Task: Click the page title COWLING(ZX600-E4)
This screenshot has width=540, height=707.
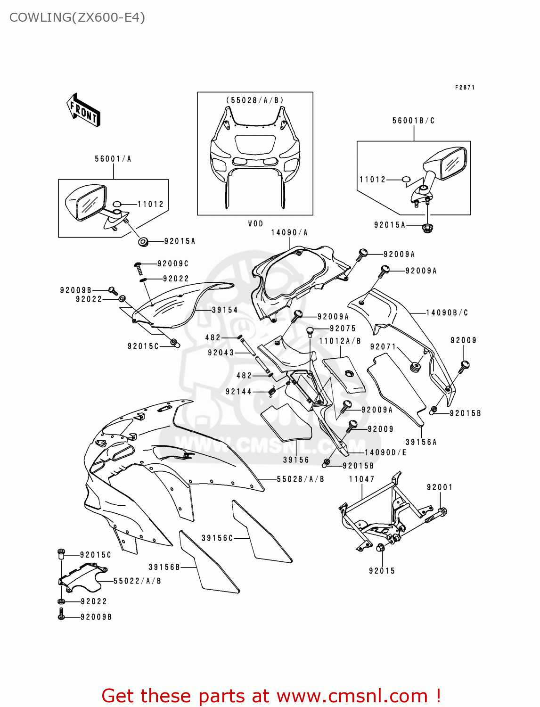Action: click(77, 17)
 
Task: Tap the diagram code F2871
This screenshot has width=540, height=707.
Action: click(465, 88)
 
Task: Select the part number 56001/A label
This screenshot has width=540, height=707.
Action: click(113, 159)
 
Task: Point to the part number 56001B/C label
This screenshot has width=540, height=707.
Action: click(413, 121)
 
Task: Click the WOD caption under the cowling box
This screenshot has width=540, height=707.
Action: click(255, 223)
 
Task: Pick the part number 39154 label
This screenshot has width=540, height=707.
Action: click(224, 310)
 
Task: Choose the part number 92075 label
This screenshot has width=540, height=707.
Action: click(343, 329)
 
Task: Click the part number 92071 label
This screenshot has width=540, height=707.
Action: click(383, 346)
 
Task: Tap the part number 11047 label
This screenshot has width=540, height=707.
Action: click(361, 479)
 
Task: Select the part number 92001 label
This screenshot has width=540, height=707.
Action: click(439, 487)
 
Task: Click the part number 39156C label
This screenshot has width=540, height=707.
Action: click(217, 538)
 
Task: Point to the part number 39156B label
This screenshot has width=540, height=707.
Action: click(164, 567)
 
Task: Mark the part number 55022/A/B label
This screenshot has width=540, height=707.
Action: click(137, 581)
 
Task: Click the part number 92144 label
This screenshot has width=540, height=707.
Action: click(238, 391)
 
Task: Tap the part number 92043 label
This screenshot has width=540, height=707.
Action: click(221, 353)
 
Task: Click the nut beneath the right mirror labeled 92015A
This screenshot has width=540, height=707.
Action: click(427, 228)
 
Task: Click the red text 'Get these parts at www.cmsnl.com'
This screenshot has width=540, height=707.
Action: click(271, 696)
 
